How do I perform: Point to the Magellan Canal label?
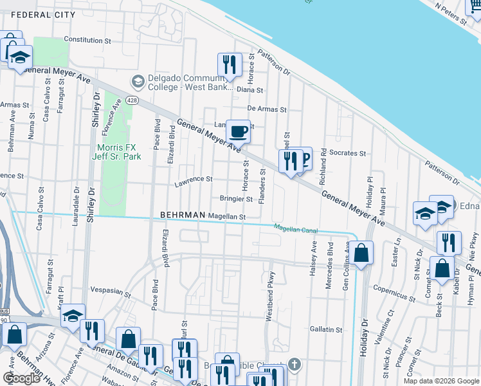point(296,228)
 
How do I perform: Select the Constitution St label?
point(88,39)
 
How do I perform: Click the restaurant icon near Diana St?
point(229,64)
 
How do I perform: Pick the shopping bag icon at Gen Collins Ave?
point(362,253)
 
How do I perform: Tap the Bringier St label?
point(236,199)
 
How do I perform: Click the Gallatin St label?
point(326,329)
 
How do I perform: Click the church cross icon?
point(295,364)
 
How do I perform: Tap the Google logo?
point(21,378)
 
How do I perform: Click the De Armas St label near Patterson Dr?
point(267,109)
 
